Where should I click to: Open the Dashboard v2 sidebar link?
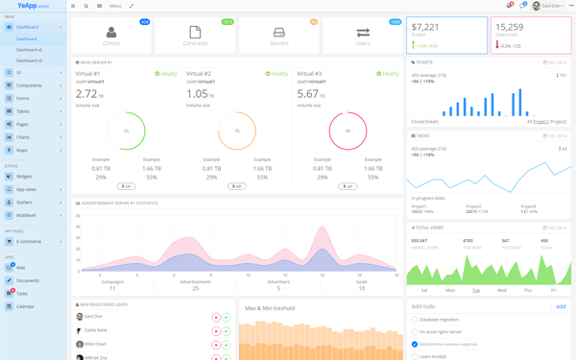click(29, 50)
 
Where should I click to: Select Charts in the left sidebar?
click(22, 137)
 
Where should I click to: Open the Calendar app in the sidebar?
click(25, 306)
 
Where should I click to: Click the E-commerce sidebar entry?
click(29, 242)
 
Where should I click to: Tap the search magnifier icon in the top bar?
click(85, 6)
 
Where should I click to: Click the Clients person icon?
click(111, 33)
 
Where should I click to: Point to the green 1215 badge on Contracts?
click(228, 21)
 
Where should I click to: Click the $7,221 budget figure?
click(425, 28)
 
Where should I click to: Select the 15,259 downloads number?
click(510, 28)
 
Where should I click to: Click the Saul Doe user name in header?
click(551, 6)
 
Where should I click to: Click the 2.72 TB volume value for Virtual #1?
click(86, 94)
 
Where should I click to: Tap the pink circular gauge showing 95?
click(348, 132)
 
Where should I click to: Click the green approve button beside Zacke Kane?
click(227, 330)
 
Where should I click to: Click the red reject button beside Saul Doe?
click(216, 317)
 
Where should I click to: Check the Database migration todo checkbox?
click(415, 320)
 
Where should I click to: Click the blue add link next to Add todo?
click(561, 306)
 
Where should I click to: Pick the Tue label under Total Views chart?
click(476, 290)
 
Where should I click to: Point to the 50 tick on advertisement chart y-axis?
click(78, 217)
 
